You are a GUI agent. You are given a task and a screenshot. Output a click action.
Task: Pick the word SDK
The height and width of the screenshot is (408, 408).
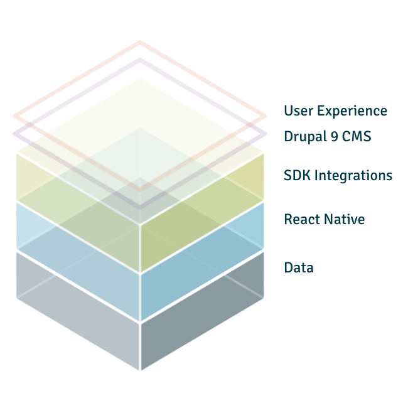click(x=297, y=175)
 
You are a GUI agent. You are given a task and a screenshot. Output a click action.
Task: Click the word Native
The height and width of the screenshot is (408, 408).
click(x=344, y=219)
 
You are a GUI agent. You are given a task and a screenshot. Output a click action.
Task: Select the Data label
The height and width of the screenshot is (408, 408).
click(x=299, y=267)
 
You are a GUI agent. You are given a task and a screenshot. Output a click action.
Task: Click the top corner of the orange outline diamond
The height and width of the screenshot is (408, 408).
click(x=139, y=43)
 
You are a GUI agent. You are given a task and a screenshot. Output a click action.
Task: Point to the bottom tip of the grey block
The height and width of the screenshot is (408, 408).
click(x=139, y=369)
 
